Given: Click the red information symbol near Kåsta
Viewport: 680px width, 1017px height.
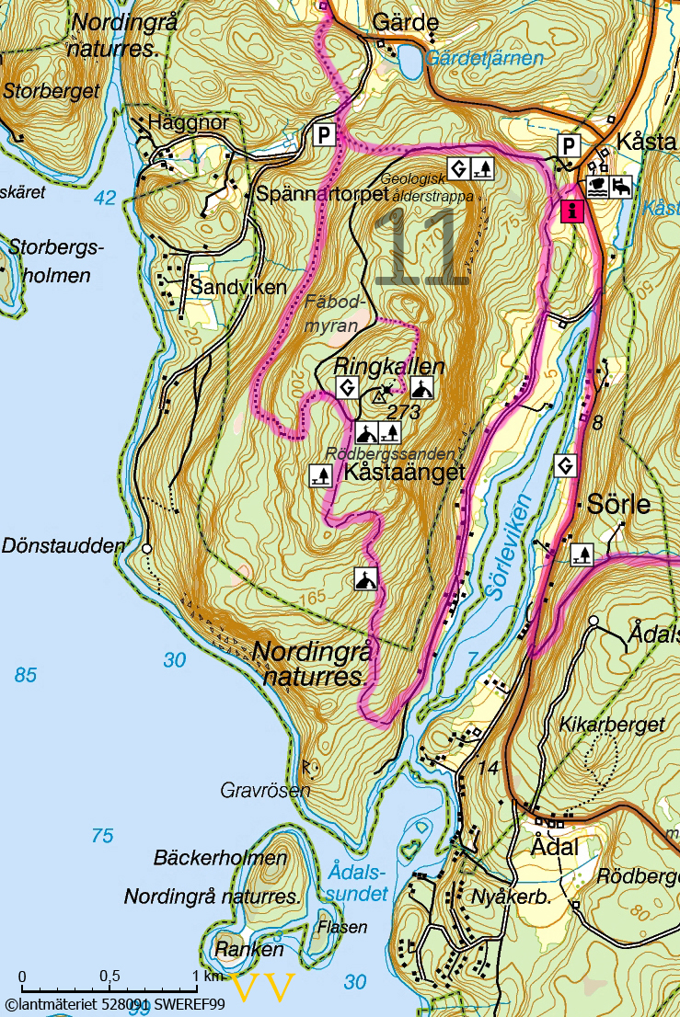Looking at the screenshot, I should point(571,211).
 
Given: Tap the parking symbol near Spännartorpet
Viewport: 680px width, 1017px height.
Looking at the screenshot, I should point(323,136).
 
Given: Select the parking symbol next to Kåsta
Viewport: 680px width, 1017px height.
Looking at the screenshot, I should point(571,144).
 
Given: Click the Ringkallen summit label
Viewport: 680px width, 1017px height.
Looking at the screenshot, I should point(389,366).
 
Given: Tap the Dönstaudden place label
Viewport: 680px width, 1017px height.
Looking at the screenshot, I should point(63,545).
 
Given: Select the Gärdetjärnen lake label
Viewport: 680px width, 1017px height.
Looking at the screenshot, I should point(485,58).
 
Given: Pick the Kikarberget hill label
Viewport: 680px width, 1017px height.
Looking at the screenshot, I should point(611,725).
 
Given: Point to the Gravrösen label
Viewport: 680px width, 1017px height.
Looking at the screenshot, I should point(265,790).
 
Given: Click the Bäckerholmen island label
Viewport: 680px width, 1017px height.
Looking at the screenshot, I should point(220,859).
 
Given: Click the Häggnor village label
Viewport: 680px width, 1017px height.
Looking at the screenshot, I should point(187,123).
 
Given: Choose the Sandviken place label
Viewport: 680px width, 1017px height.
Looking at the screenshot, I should point(238,287).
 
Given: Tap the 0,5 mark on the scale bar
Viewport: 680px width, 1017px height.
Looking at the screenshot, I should point(109,976).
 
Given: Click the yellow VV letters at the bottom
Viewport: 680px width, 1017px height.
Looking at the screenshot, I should point(264,988).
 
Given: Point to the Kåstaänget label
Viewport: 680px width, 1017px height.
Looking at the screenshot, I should point(404,472).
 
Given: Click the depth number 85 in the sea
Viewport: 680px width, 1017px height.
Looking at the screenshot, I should point(25,676).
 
